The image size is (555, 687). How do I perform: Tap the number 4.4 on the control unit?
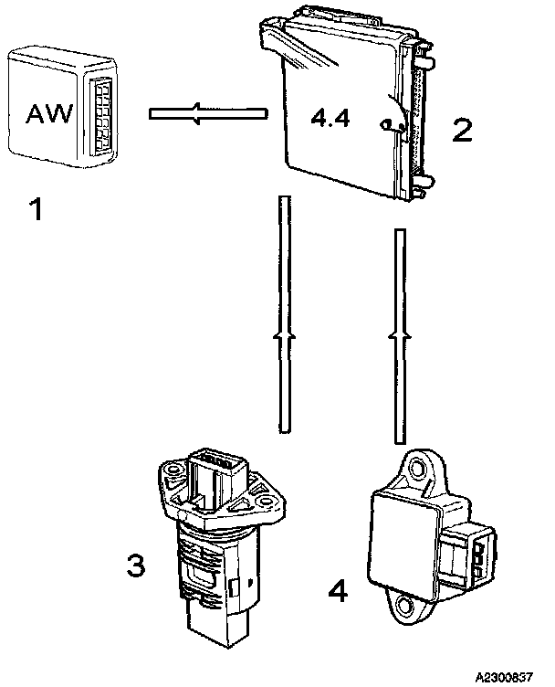click(330, 118)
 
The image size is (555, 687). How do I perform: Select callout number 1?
click(35, 212)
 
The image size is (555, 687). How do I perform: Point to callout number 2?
click(462, 130)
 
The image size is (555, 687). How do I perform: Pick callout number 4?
click(337, 592)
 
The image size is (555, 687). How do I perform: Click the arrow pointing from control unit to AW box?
click(206, 114)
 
